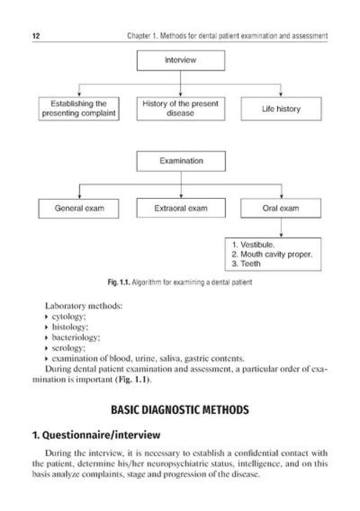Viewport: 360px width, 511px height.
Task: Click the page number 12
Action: (36, 36)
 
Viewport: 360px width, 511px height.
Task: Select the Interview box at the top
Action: (181, 61)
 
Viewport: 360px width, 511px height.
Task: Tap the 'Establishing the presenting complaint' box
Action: (79, 108)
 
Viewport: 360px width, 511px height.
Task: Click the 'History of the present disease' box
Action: (181, 108)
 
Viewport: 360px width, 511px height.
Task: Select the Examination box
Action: (181, 161)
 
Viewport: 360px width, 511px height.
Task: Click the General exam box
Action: (79, 208)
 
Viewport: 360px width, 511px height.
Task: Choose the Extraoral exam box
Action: (181, 208)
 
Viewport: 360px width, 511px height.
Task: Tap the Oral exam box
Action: (281, 208)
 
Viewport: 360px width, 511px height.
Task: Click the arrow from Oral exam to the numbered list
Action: (281, 227)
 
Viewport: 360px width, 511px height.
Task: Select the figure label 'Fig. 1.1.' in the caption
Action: (117, 283)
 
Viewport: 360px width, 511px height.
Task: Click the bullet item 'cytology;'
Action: (68, 317)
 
